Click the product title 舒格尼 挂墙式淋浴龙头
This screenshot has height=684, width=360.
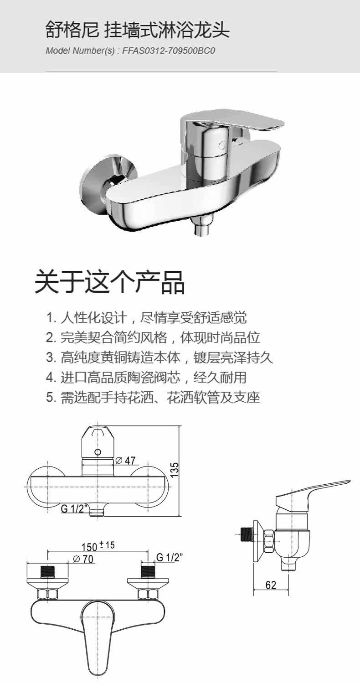pyautogui.click(x=137, y=31)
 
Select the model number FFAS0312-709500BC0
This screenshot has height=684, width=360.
pyautogui.click(x=168, y=51)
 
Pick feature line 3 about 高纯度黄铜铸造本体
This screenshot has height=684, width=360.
pyautogui.click(x=159, y=358)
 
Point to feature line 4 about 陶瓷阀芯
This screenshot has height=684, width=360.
pyautogui.click(x=146, y=378)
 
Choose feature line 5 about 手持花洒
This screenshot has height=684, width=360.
pyautogui.click(x=153, y=398)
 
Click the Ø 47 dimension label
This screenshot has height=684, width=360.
pyautogui.click(x=126, y=461)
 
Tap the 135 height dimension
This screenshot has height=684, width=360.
pyautogui.click(x=175, y=470)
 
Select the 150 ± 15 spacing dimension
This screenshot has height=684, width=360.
pyautogui.click(x=98, y=546)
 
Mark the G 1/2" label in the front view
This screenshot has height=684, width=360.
pyautogui.click(x=74, y=509)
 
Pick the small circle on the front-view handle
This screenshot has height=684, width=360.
pyautogui.click(x=97, y=452)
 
